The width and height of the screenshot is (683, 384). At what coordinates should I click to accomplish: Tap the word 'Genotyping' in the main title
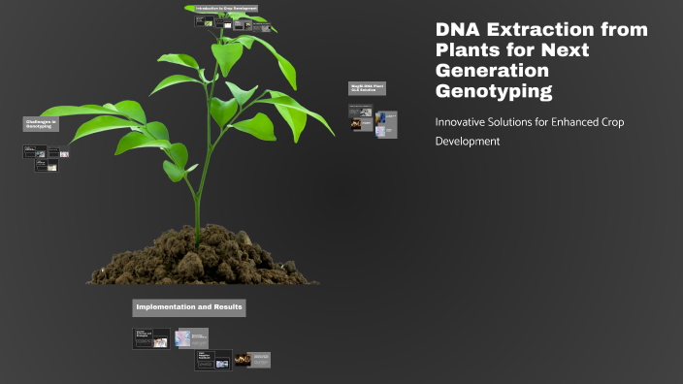click(x=495, y=93)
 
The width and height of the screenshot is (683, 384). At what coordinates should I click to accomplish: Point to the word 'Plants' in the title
click(x=468, y=51)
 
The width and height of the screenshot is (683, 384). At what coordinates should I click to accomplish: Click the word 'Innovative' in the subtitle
click(x=462, y=122)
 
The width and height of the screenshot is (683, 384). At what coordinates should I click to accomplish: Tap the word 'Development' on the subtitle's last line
click(x=468, y=142)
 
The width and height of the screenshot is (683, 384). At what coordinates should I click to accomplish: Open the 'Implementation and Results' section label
click(x=189, y=307)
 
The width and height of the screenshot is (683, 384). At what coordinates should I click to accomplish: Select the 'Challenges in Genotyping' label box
click(x=41, y=124)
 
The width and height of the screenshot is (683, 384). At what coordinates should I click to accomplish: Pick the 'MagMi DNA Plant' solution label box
click(x=367, y=88)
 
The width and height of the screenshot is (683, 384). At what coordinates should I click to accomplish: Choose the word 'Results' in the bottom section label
click(x=223, y=307)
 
